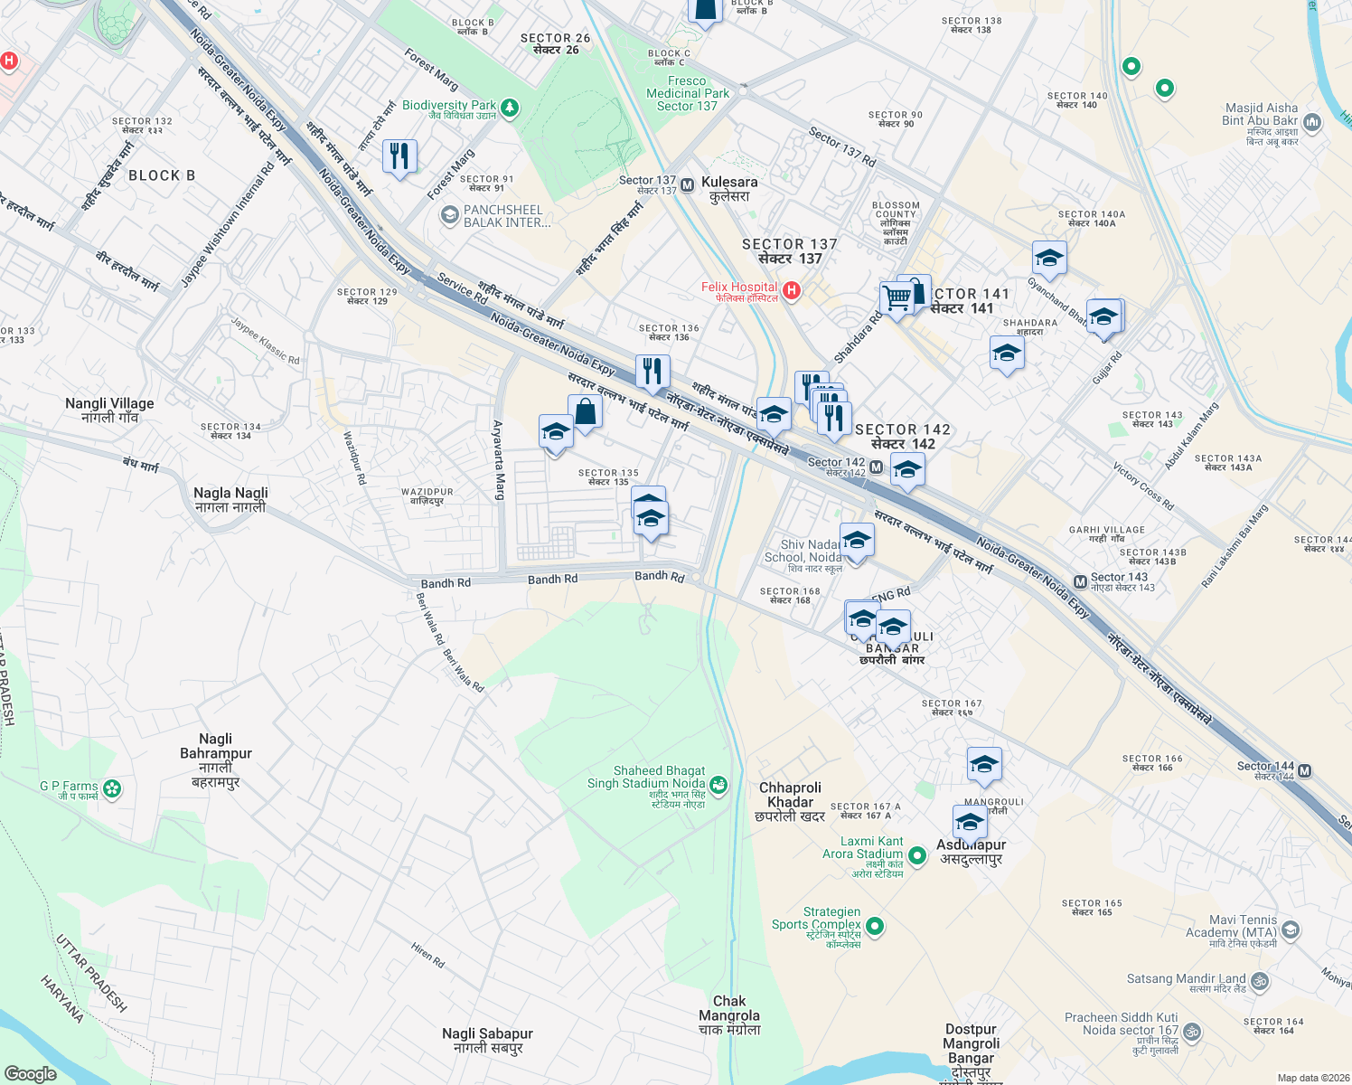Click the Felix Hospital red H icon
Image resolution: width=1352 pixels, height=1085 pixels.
click(791, 290)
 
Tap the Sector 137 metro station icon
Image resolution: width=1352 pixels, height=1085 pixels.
click(687, 185)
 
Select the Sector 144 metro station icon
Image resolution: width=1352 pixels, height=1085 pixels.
click(1305, 771)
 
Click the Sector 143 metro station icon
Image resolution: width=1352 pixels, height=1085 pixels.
click(1080, 582)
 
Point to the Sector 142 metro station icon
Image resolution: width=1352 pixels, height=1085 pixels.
click(876, 467)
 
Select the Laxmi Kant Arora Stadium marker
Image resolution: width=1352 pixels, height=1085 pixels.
click(917, 854)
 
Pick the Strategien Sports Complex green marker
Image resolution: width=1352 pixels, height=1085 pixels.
click(874, 926)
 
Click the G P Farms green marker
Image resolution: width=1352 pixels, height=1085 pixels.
click(112, 788)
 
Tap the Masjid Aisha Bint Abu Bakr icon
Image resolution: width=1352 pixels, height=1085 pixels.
click(1312, 121)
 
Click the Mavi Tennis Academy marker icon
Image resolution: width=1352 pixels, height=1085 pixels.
click(1291, 929)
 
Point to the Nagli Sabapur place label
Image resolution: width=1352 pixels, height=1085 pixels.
click(487, 1041)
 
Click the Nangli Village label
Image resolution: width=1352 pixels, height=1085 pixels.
click(109, 410)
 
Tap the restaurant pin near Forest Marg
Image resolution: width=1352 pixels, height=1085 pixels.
click(399, 156)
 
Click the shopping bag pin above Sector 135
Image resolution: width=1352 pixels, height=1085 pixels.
click(585, 411)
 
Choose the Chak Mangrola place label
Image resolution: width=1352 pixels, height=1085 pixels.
click(729, 1014)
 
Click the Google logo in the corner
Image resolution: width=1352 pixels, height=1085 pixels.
click(30, 1073)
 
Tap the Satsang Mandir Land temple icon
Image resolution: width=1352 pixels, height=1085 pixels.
click(1260, 980)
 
